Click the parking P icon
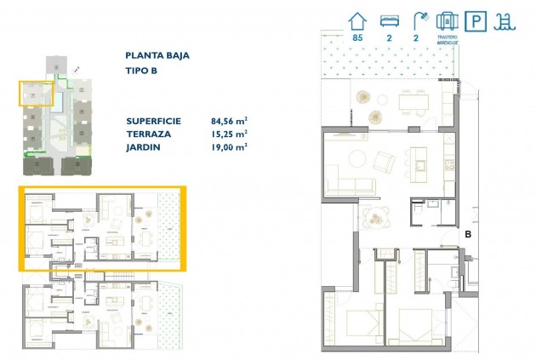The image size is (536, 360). pos(479,20)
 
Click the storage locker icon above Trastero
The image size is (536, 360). pos(448,20)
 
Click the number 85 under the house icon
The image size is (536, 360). pos(358,38)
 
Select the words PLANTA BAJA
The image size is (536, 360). pos(157,56)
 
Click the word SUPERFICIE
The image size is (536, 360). pos(154,121)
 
